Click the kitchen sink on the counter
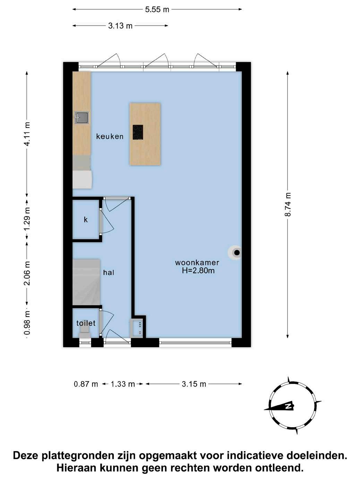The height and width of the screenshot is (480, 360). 82,118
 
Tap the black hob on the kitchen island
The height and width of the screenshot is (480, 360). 138,132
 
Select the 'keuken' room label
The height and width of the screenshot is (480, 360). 110,137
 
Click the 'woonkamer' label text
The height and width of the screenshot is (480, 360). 197,263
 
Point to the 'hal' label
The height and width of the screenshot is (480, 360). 109,273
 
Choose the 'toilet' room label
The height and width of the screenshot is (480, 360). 86,323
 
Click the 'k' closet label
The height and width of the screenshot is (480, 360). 86,220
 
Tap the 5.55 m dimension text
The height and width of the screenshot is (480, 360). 157,10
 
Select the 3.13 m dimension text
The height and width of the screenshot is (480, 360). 120,26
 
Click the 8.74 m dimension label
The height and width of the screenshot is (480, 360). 288,205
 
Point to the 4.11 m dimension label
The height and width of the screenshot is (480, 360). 27,134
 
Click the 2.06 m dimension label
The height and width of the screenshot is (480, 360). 27,273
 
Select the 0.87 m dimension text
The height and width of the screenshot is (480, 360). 86,384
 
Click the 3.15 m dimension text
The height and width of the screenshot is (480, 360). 194,384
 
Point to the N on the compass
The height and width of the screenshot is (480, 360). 289,406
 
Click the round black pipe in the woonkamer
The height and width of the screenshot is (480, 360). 237,253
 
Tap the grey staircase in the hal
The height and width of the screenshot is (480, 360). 86,282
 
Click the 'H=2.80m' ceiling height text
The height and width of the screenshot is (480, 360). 198,271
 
